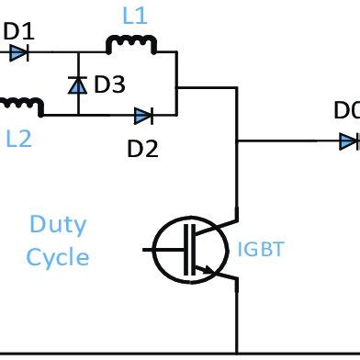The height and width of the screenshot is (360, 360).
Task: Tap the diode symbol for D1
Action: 18,54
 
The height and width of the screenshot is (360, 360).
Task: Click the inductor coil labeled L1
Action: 131,44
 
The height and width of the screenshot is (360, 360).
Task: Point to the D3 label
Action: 109,85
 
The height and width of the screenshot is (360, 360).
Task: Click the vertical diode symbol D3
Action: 78,85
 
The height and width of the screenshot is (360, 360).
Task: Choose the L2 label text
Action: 19,139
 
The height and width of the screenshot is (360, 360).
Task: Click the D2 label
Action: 143,146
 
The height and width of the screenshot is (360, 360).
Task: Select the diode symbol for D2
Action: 143,116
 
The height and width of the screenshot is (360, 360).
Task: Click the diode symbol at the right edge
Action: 348,141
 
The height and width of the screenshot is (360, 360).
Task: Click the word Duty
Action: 58,223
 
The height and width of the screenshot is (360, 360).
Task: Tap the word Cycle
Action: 58,256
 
